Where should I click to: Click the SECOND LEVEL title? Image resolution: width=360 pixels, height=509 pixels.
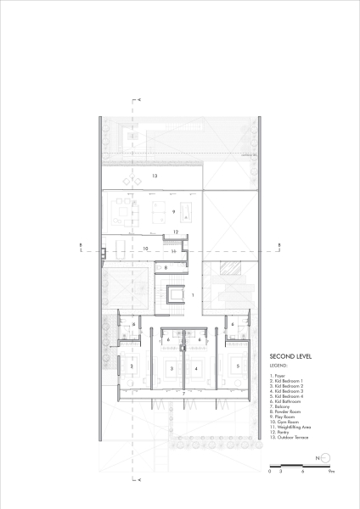point(289,357)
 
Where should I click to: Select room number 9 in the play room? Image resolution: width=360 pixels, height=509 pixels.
point(172,210)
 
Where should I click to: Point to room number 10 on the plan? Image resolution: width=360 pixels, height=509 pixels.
point(146,249)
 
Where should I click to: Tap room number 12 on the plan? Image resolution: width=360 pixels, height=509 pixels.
point(174,232)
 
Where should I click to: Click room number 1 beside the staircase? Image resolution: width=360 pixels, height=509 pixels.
point(194,294)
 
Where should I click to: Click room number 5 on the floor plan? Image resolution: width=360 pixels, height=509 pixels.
point(238,366)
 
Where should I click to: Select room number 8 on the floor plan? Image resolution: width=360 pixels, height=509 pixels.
point(166,267)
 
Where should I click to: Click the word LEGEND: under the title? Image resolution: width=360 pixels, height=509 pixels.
point(279,364)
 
